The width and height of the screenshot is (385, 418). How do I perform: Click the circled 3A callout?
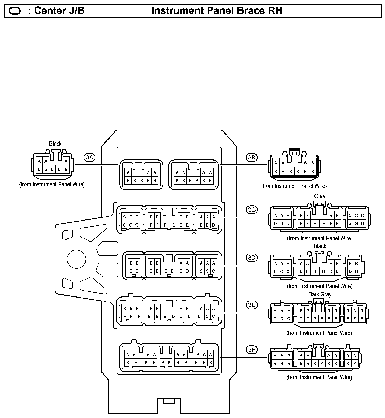[89, 157]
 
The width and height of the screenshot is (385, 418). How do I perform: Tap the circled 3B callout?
[252, 157]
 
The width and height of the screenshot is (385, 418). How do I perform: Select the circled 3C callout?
[252, 210]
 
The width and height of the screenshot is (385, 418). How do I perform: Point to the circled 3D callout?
[252, 258]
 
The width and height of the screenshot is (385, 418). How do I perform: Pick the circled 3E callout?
[252, 305]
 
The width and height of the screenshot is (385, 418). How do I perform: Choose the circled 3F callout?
[252, 349]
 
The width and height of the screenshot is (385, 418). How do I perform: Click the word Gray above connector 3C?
[320, 196]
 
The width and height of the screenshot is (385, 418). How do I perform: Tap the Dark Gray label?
[320, 294]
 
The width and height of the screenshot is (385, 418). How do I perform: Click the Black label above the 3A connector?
[55, 144]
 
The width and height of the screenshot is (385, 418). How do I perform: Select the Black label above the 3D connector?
[320, 246]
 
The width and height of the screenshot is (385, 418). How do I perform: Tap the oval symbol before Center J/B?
[15, 11]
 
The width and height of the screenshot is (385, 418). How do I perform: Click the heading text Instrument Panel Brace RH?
[217, 11]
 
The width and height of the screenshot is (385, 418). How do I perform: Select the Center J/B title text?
[59, 11]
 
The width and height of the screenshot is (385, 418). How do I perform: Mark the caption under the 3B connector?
[294, 186]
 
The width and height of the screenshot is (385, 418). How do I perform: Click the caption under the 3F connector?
[319, 377]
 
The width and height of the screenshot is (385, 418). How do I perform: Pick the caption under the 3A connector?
[52, 184]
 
